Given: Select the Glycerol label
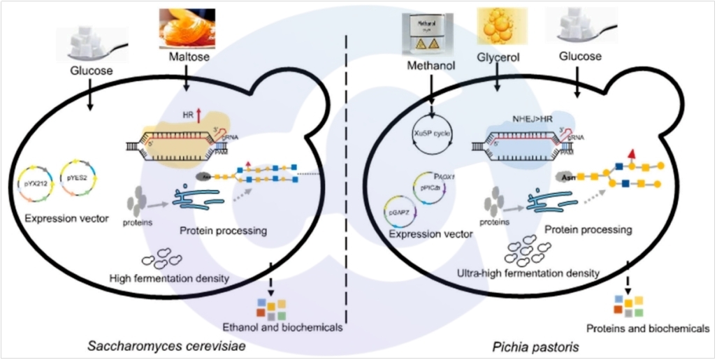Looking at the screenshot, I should click(x=496, y=55).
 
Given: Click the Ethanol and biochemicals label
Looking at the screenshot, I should click(x=282, y=326).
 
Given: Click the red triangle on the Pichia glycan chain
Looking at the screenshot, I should click(x=632, y=154).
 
